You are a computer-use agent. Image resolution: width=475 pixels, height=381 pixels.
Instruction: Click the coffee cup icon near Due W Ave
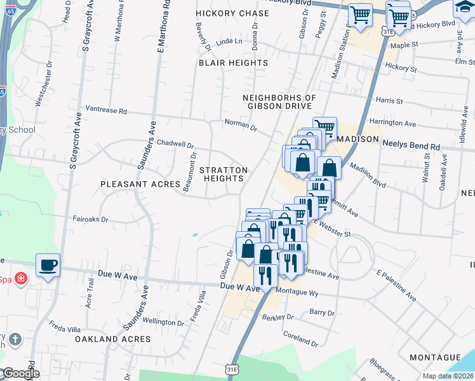coord(48,264)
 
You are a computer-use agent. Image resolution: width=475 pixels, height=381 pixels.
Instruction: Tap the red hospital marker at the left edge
coord(21,278)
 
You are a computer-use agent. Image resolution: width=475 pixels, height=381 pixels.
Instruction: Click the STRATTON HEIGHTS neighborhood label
coord(224,175)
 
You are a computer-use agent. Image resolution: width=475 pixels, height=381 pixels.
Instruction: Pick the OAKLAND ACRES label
coord(113,339)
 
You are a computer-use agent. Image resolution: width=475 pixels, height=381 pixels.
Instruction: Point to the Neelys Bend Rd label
coord(411,146)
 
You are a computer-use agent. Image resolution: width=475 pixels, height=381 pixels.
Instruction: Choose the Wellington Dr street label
coord(163,321)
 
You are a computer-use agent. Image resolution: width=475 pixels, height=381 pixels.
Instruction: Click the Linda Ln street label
coord(229,41)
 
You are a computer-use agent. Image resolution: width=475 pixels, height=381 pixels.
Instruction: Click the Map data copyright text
coord(448,376)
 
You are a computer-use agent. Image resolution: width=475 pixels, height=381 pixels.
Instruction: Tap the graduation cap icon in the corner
coord(464,8)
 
